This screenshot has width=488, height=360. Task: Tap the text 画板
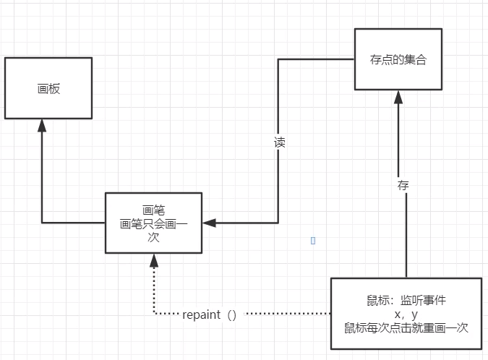click(x=48, y=89)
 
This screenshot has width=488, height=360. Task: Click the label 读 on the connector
click(x=279, y=142)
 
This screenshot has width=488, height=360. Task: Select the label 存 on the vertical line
click(x=403, y=185)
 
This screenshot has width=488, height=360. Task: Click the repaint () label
click(x=210, y=314)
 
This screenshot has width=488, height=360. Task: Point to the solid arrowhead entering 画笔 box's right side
click(x=210, y=223)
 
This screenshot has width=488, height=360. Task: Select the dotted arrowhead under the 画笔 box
click(x=154, y=262)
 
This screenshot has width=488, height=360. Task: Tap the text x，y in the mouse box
click(x=406, y=314)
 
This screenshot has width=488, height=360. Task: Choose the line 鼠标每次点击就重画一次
click(x=406, y=327)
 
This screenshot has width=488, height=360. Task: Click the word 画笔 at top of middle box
click(x=153, y=210)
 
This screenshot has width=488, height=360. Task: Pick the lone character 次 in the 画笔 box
click(x=153, y=237)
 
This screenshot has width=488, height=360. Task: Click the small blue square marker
click(x=312, y=241)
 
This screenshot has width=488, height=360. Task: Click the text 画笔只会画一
click(x=153, y=223)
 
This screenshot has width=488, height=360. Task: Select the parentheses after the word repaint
click(x=232, y=314)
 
